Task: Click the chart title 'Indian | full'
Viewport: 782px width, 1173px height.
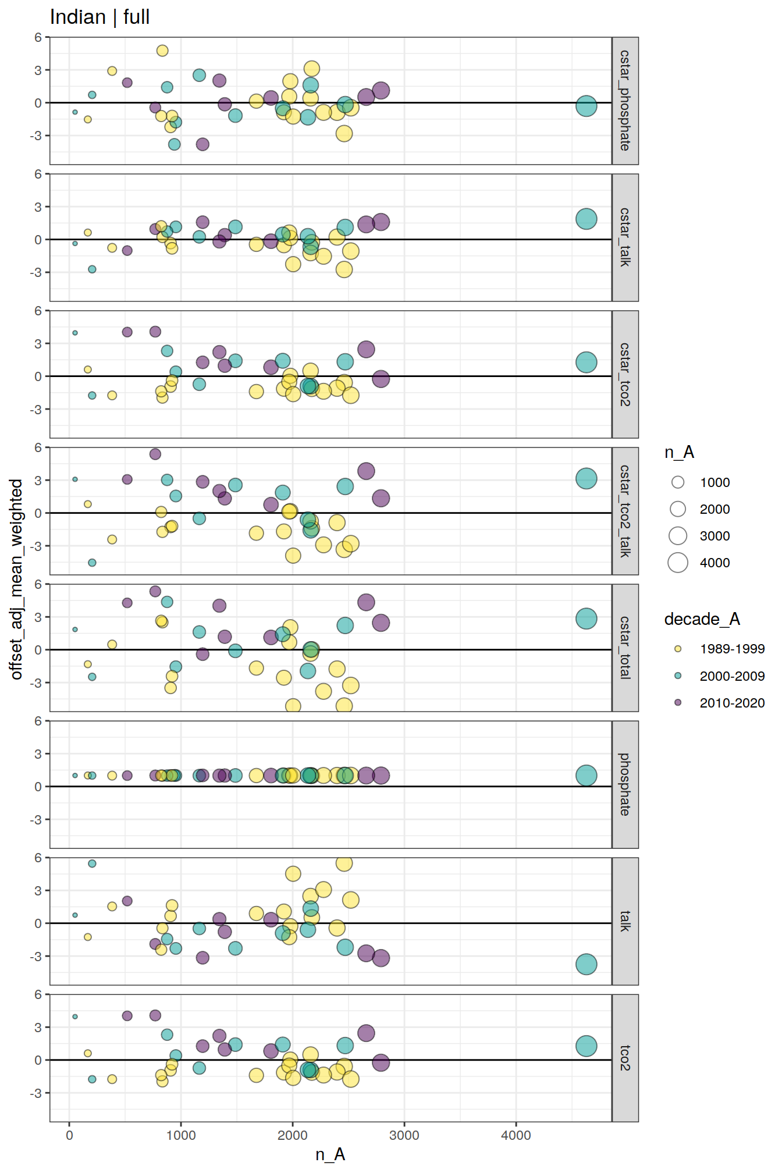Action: coord(99,17)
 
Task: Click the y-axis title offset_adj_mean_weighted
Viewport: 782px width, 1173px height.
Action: coord(16,579)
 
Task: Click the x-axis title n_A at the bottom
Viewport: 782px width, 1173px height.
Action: coord(330,1154)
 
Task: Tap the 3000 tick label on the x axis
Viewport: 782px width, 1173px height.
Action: coord(404,1135)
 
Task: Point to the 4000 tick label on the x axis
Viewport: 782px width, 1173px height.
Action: coord(516,1135)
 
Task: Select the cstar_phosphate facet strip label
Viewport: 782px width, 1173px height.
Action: coord(625,101)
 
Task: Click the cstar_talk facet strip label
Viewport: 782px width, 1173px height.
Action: coord(625,237)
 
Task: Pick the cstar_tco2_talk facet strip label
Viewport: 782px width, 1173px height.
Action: coord(625,511)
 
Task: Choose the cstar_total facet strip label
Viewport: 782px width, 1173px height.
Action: coord(625,648)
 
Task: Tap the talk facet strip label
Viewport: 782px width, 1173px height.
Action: coord(625,921)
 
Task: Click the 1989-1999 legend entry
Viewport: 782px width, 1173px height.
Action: coord(732,649)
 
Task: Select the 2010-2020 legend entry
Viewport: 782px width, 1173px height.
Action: coord(732,703)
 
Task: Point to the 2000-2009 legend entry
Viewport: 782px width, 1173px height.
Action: coord(732,676)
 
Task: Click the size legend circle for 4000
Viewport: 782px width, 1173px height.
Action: coord(678,563)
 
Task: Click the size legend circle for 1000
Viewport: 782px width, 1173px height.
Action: coord(678,482)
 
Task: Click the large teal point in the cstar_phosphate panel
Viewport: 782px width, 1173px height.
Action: coord(586,106)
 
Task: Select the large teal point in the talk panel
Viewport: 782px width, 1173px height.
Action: coord(586,964)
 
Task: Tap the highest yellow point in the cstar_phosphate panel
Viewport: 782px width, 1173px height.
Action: coord(162,51)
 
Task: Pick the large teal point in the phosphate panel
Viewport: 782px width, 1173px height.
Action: coord(586,776)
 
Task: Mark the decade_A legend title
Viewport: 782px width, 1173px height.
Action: coord(702,619)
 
